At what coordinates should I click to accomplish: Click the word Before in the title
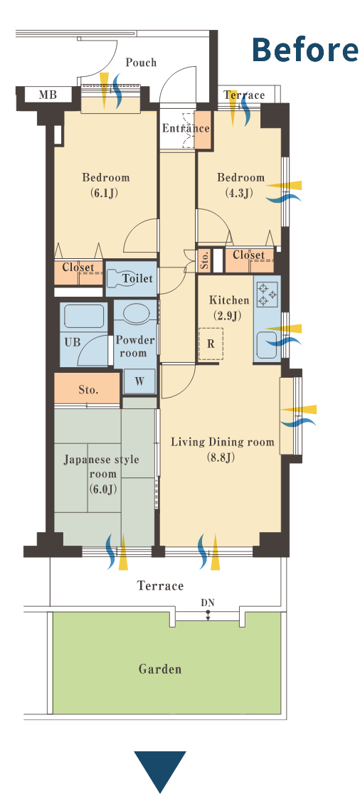305,50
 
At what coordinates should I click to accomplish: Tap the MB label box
48,94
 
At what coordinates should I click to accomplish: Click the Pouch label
141,63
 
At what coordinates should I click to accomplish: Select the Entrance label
185,128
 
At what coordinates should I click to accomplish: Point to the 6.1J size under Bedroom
106,192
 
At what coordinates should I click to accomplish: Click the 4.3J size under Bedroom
240,192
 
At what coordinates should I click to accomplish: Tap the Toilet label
137,278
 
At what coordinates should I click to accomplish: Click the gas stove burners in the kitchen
267,295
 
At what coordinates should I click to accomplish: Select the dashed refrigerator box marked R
211,344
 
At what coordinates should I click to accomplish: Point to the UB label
72,342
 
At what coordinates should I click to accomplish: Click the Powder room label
135,346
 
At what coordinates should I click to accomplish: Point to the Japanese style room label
102,474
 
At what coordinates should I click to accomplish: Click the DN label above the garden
208,603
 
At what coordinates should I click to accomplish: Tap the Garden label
160,669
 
